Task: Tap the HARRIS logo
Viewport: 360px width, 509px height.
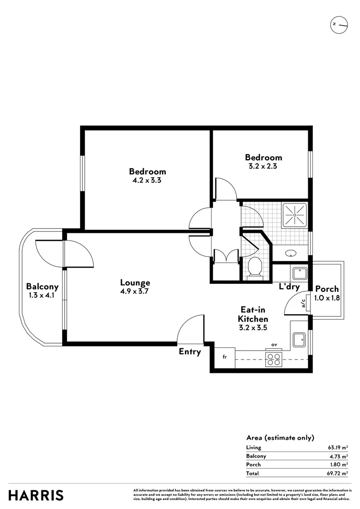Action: pos(36,495)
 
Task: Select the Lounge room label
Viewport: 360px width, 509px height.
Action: pos(135,283)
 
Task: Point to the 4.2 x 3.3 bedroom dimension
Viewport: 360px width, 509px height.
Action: pos(147,180)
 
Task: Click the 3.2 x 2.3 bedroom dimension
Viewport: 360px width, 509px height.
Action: pos(263,166)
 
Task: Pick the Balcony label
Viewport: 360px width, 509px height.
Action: pos(42,287)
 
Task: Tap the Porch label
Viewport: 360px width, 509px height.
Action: pos(327,289)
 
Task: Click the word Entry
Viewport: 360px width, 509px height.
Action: pos(190,352)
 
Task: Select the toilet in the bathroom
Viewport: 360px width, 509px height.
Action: pos(255,268)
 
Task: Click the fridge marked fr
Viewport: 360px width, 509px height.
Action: pos(225,357)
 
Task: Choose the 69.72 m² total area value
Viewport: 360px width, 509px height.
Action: pos(338,473)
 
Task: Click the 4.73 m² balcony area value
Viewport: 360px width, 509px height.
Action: pos(338,456)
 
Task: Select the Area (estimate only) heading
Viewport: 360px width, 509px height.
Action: pos(280,438)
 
